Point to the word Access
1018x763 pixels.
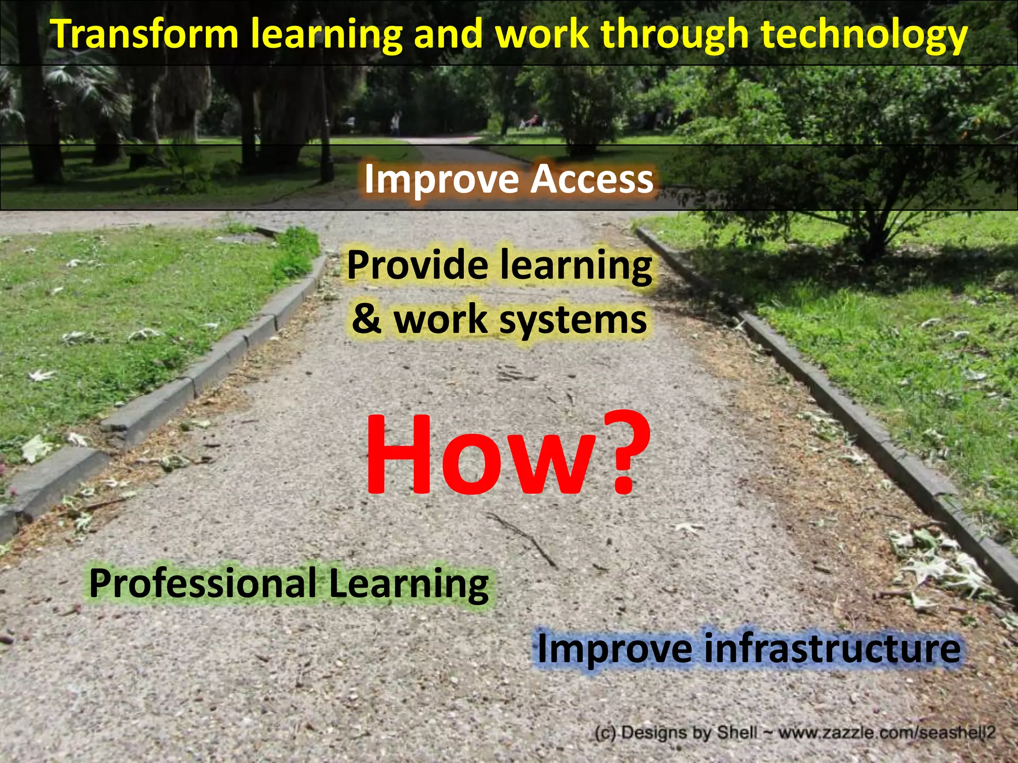592,179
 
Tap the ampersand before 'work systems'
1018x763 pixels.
366,319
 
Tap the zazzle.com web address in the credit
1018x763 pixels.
887,733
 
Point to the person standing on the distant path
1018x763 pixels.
395,123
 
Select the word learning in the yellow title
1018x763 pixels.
326,35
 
